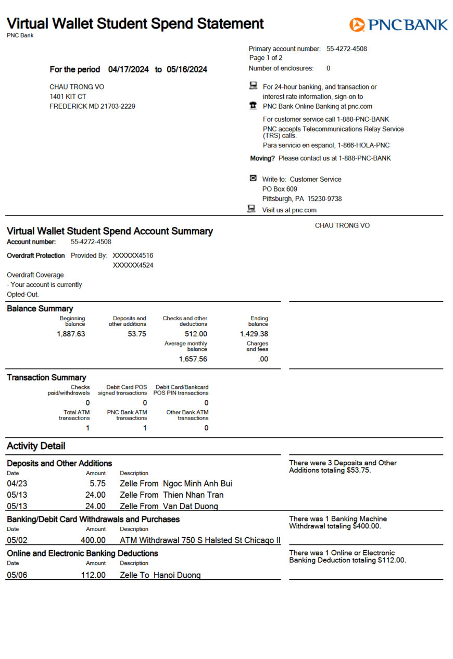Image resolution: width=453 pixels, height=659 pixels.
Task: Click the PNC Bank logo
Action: pyautogui.click(x=398, y=24)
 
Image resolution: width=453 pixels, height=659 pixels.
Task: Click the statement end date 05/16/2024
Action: pyautogui.click(x=187, y=69)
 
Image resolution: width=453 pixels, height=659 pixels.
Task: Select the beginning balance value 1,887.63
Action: pyautogui.click(x=71, y=334)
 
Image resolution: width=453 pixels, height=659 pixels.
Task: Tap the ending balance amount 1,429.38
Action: pyautogui.click(x=254, y=334)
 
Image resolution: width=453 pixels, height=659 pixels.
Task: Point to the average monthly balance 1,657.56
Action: pyautogui.click(x=193, y=359)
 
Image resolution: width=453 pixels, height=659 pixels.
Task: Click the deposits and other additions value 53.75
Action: pyautogui.click(x=137, y=334)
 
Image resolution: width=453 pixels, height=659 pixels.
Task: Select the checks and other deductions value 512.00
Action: pyautogui.click(x=196, y=334)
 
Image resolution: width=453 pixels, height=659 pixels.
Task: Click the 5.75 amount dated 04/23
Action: pyautogui.click(x=97, y=484)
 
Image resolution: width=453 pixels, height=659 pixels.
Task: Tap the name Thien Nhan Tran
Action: pyautogui.click(x=193, y=495)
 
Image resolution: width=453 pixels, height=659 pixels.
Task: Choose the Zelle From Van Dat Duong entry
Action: pyautogui.click(x=169, y=506)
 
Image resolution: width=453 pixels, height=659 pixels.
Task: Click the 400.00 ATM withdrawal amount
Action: pyautogui.click(x=93, y=540)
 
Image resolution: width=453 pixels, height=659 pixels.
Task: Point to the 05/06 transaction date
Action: pyautogui.click(x=17, y=575)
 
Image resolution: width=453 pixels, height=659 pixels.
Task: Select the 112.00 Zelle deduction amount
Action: pyautogui.click(x=93, y=575)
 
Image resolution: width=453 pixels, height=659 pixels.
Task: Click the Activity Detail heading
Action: pyautogui.click(x=36, y=446)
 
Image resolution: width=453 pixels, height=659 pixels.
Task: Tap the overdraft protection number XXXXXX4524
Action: pyautogui.click(x=133, y=265)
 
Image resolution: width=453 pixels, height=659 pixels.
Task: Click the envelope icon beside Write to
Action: pyautogui.click(x=253, y=178)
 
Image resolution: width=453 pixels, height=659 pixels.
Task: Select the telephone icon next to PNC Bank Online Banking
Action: pyautogui.click(x=253, y=106)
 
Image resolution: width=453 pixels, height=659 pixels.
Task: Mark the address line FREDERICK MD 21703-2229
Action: pyautogui.click(x=92, y=106)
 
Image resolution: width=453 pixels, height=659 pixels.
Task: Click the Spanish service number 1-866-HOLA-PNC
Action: pyautogui.click(x=359, y=145)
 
